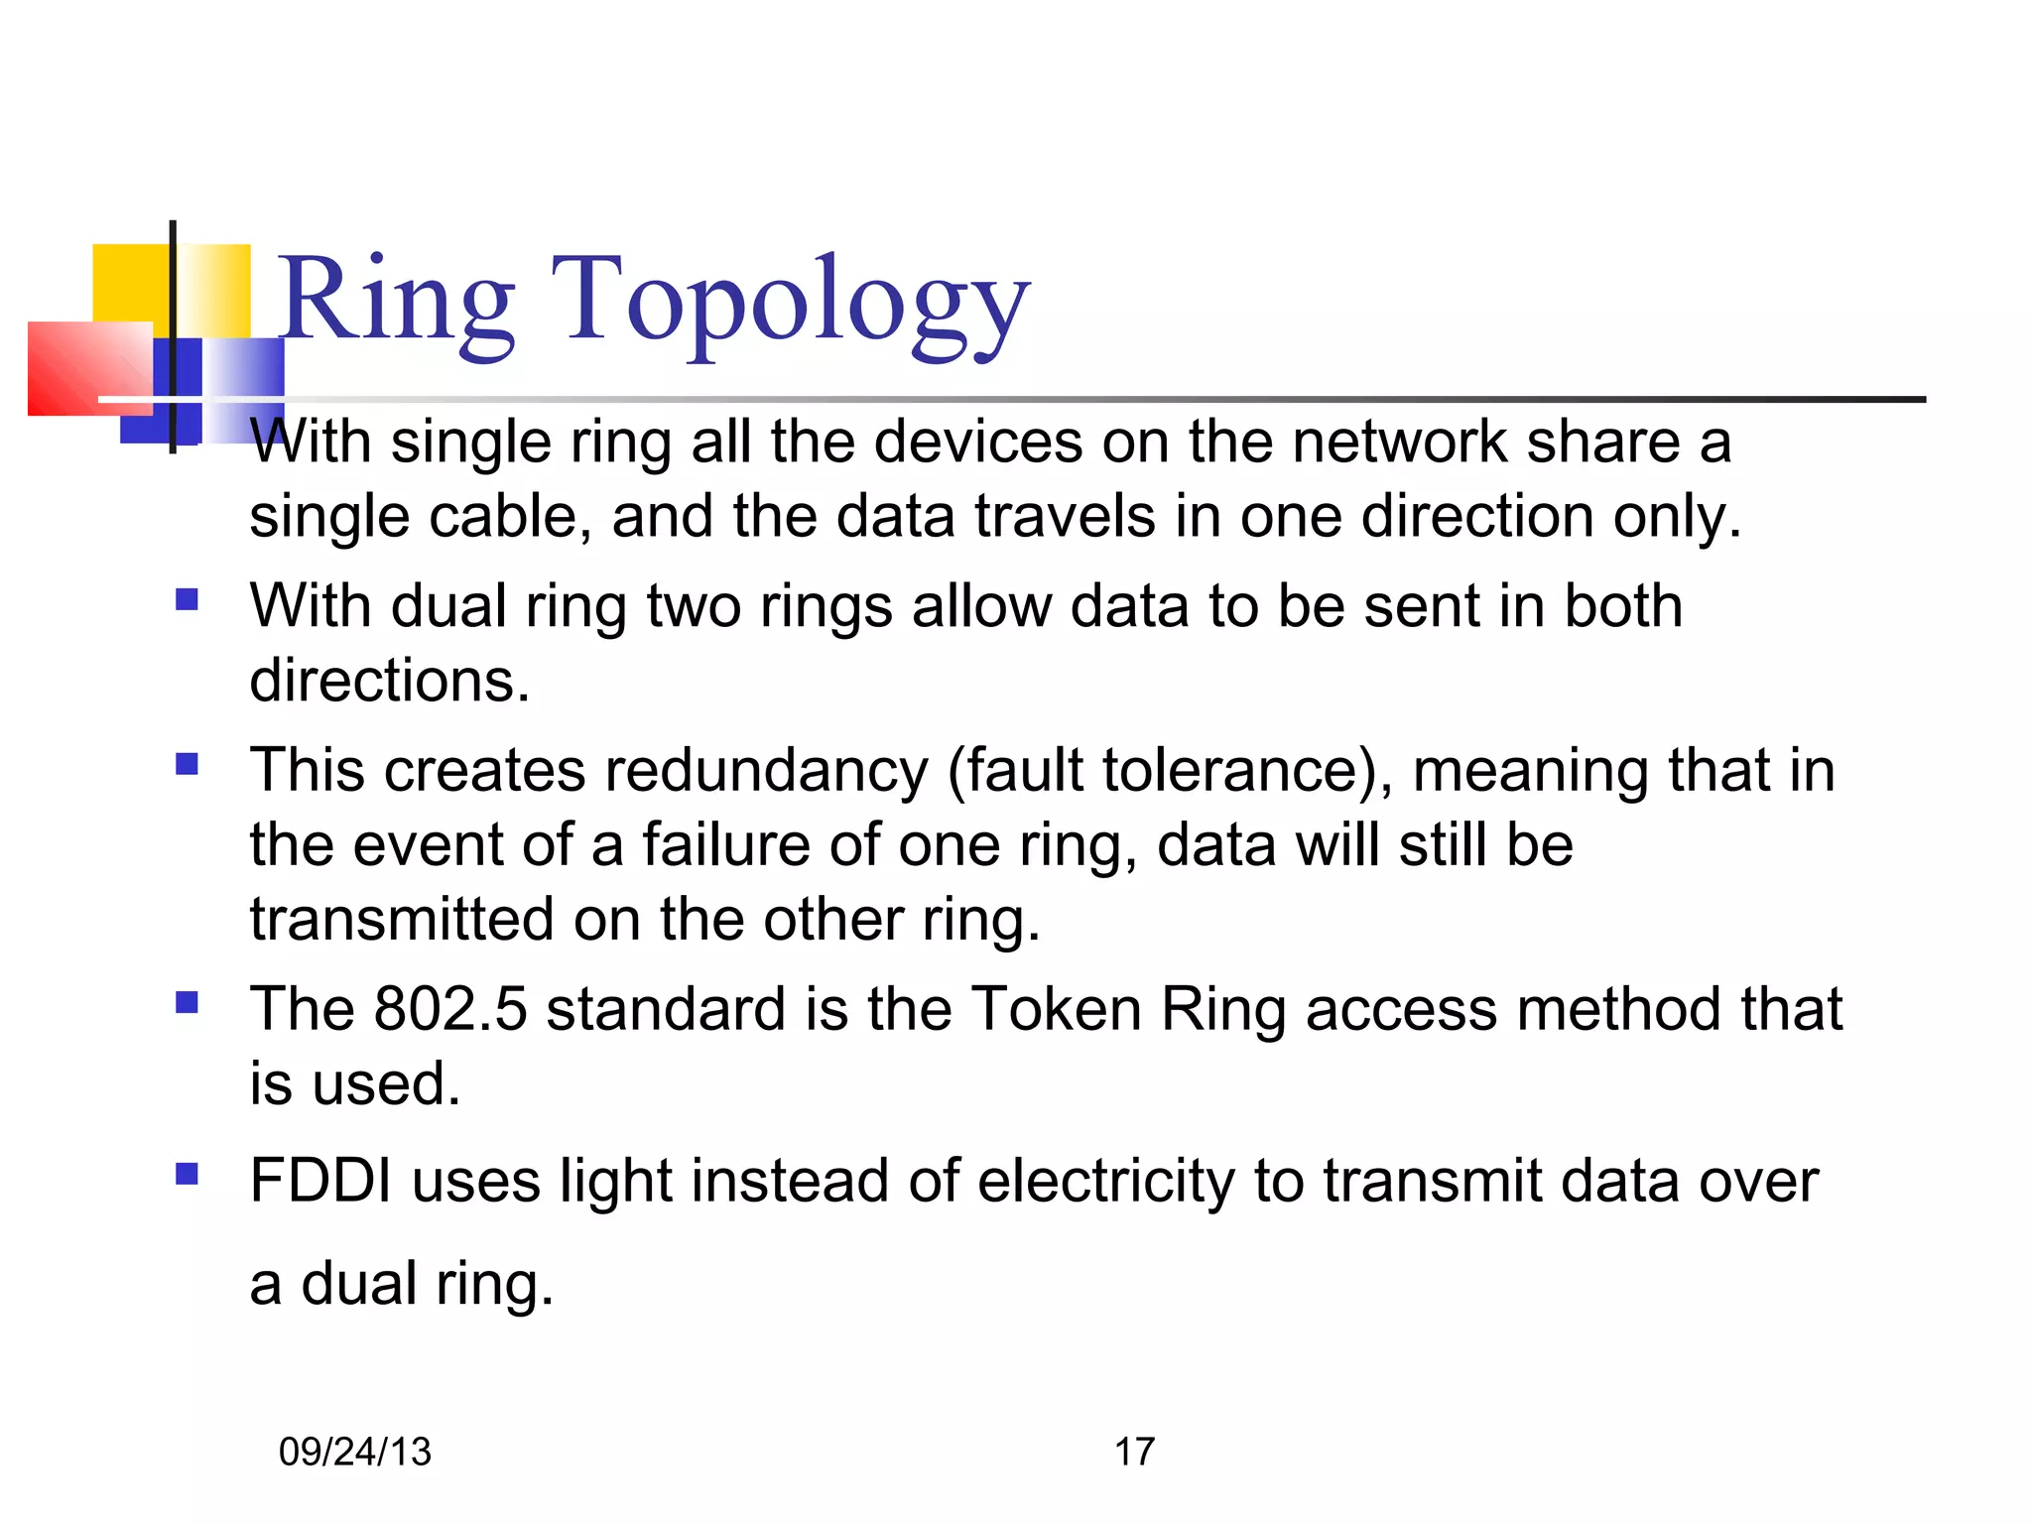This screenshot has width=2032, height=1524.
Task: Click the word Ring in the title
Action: tap(395, 303)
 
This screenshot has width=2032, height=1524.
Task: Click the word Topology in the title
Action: tap(790, 303)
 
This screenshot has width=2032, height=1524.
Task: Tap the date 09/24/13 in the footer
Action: tap(355, 1452)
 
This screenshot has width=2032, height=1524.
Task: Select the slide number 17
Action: tap(1134, 1452)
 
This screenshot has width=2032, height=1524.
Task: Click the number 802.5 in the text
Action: tap(450, 1009)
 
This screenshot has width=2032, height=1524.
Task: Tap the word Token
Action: tap(1056, 1009)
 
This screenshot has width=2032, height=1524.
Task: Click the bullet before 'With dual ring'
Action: tap(187, 599)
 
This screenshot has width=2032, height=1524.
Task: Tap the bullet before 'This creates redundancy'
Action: tap(187, 764)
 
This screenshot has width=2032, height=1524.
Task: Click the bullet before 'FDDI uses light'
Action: tap(187, 1175)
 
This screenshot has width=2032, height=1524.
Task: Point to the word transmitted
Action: tap(402, 920)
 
